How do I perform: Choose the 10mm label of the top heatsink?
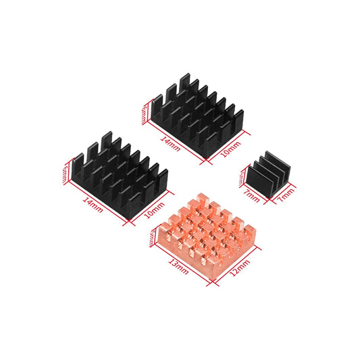(231, 148)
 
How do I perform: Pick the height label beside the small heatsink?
(241, 174)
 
